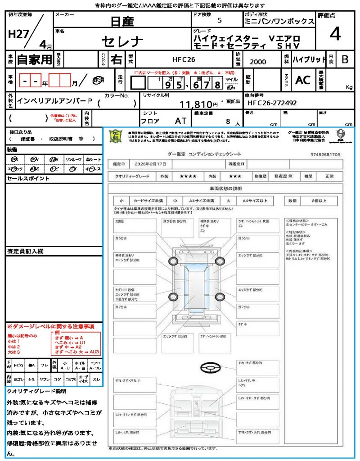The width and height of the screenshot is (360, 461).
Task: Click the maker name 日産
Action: (x=122, y=21)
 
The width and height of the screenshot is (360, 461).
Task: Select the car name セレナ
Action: (x=122, y=42)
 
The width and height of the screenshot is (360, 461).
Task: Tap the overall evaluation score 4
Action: (x=334, y=34)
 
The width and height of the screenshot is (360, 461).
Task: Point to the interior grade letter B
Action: (x=345, y=59)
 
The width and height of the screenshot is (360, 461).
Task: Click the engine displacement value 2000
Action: (x=257, y=62)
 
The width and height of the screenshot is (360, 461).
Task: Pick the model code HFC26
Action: (x=184, y=59)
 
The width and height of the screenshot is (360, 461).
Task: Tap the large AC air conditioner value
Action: (x=303, y=80)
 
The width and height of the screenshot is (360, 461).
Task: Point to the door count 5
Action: (x=219, y=21)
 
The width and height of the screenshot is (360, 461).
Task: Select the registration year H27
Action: (x=18, y=35)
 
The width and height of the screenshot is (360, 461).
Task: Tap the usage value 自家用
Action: (x=34, y=59)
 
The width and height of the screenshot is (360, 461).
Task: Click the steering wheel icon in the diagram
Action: (x=211, y=368)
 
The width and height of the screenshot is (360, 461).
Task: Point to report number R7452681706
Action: (x=325, y=154)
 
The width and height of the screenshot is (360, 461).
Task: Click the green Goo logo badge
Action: (x=116, y=136)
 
